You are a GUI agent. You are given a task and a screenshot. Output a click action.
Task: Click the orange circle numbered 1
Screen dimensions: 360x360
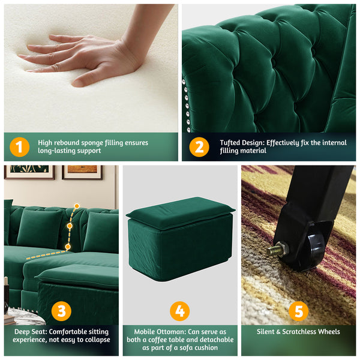click(20, 147)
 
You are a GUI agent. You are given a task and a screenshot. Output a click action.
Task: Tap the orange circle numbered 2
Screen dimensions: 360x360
click(199, 147)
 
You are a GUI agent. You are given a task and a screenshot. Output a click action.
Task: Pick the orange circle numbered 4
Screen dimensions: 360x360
click(179, 311)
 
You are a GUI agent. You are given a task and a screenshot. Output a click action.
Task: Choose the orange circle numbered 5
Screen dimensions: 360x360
click(298, 311)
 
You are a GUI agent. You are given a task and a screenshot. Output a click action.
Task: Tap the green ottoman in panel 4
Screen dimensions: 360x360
click(179, 237)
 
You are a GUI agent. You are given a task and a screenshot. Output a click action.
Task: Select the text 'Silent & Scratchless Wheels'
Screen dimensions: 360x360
click(298, 332)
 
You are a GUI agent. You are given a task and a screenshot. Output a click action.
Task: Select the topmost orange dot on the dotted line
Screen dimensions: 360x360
click(76, 206)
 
